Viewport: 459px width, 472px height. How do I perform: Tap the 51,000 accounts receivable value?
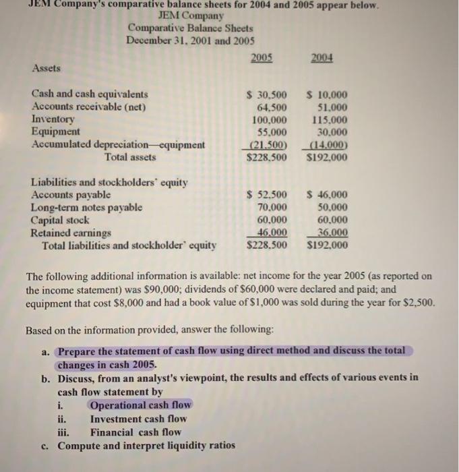tap(332, 107)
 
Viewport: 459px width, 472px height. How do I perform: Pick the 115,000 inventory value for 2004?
tap(330, 119)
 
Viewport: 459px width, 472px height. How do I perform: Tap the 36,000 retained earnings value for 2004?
tap(330, 233)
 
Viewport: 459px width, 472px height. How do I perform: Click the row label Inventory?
tap(53, 119)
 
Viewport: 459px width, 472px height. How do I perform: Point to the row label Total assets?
tap(129, 157)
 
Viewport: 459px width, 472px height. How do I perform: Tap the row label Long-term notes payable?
tap(88, 207)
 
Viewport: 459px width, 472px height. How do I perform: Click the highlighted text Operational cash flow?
tap(140, 405)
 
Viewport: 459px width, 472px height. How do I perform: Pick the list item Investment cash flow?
tap(139, 419)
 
